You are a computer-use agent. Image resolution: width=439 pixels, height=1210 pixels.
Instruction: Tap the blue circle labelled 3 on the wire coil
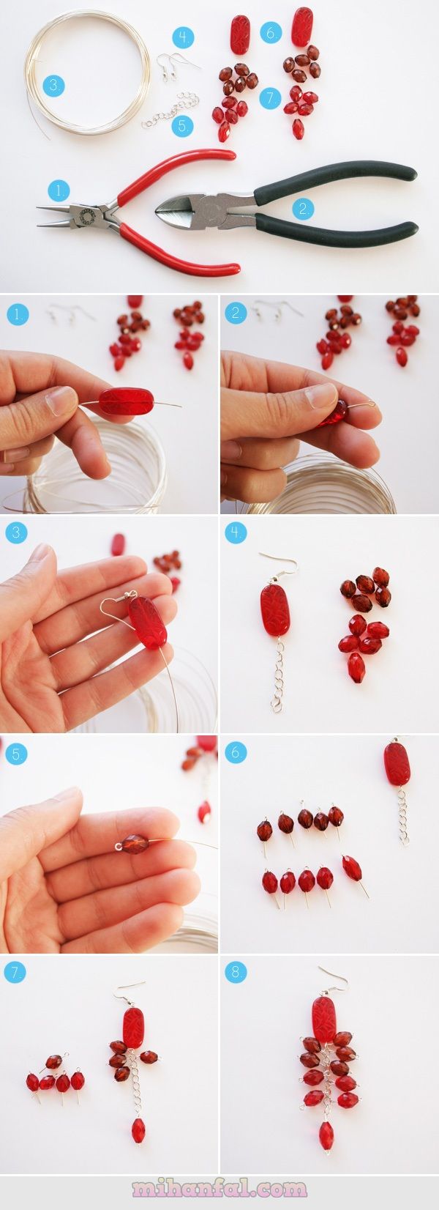53,85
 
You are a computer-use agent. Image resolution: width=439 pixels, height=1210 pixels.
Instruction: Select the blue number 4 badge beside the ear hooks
184,38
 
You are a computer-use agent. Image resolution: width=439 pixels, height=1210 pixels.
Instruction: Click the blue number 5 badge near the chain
183,127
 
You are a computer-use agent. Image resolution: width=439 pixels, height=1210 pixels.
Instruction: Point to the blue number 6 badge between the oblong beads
271,33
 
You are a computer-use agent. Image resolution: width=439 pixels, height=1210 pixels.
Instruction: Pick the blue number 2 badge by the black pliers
303,209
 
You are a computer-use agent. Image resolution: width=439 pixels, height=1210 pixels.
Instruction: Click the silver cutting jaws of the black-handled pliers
178,212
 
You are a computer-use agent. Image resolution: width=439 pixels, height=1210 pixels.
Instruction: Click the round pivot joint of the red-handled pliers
86,216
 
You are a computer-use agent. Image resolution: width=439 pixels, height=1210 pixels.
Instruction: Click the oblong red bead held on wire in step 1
123,401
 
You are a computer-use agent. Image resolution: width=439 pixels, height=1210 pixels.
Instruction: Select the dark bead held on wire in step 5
135,844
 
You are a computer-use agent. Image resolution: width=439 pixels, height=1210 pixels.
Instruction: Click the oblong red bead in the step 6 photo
397,764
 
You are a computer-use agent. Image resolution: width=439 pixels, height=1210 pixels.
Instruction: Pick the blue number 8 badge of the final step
235,972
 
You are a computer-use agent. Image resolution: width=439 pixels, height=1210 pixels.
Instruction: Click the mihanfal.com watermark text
219,1188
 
